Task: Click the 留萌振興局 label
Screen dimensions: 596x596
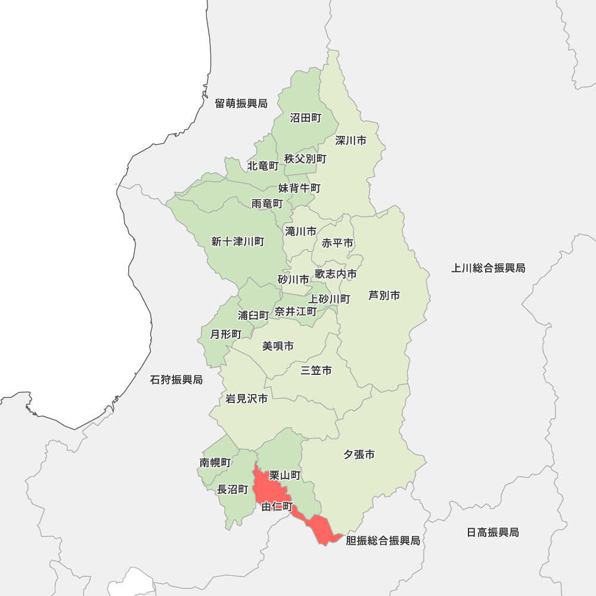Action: (x=241, y=104)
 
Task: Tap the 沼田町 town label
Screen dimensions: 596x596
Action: (x=306, y=118)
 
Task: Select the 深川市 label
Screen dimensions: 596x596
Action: (x=350, y=141)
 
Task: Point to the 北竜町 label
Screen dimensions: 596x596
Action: (x=263, y=166)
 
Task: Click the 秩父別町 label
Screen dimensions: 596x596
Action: (x=306, y=159)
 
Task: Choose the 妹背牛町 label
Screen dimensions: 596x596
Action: (x=299, y=188)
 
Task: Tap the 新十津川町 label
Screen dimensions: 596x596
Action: (x=238, y=241)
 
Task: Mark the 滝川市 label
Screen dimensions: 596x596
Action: (x=301, y=231)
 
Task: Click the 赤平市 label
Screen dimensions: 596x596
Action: (x=337, y=243)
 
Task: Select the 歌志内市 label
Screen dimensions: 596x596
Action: (x=336, y=274)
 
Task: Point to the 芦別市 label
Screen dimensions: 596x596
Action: (x=384, y=296)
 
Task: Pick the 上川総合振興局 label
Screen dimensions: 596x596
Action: (x=488, y=268)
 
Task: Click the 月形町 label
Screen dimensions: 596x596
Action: (x=226, y=334)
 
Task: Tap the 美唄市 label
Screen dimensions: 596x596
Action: (x=278, y=346)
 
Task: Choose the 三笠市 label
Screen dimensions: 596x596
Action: (x=316, y=371)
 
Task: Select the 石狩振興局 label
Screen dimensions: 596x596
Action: (x=176, y=380)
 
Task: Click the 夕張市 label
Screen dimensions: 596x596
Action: (x=359, y=455)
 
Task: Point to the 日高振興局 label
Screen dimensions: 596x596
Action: (x=493, y=532)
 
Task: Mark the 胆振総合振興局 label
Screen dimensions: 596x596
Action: (x=383, y=541)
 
